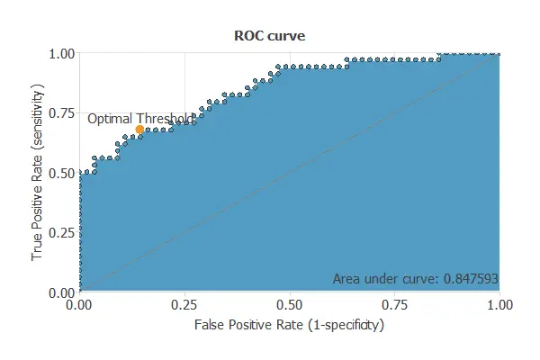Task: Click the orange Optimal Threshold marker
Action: click(x=139, y=130)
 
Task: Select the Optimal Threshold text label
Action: click(x=139, y=118)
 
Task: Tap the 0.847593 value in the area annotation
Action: click(x=469, y=279)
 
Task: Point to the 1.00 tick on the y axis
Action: click(x=59, y=53)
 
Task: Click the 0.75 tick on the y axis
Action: click(x=59, y=112)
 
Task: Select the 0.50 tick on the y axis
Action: click(x=59, y=173)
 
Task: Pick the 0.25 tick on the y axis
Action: click(x=59, y=232)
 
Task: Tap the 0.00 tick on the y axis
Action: click(x=59, y=292)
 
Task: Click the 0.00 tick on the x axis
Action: click(x=80, y=306)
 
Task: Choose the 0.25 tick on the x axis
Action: click(x=184, y=306)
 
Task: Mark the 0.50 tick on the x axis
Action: click(x=290, y=306)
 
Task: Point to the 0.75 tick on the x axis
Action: click(x=394, y=306)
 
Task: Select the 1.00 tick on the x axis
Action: click(x=499, y=306)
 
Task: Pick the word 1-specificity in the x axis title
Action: click(x=346, y=324)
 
